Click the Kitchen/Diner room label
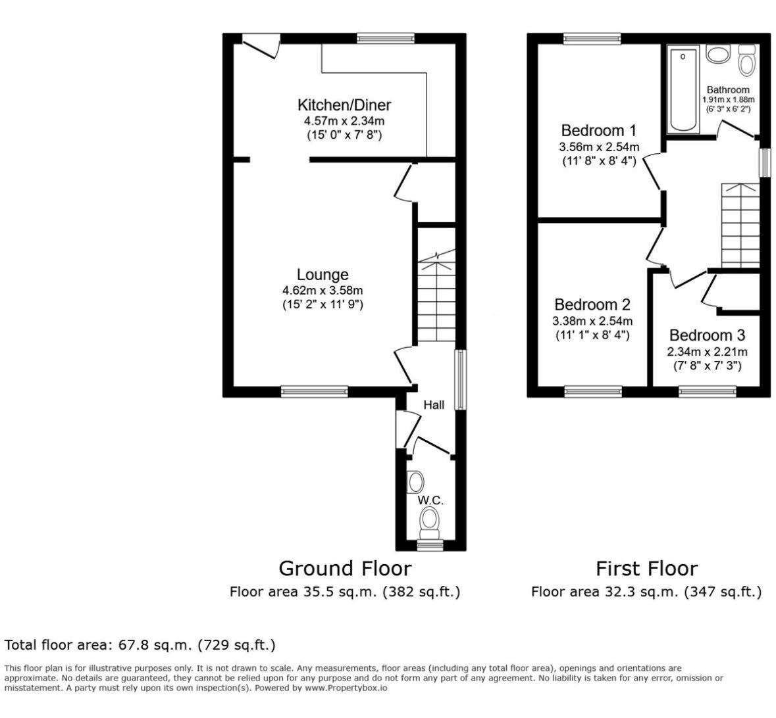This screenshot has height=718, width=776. click(x=344, y=105)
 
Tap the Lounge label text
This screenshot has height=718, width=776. click(x=323, y=274)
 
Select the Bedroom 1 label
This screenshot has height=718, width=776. click(x=598, y=131)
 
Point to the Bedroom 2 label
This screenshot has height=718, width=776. click(x=592, y=304)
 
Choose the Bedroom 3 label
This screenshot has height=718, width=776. click(x=707, y=335)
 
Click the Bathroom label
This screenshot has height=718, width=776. click(x=728, y=90)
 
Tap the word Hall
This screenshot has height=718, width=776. click(x=434, y=405)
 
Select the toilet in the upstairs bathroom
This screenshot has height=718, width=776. click(x=746, y=59)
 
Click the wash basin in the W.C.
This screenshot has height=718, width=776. click(x=415, y=482)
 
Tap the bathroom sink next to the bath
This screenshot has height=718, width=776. click(x=718, y=53)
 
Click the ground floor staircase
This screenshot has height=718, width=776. click(x=436, y=295)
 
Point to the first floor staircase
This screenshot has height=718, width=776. click(x=740, y=226)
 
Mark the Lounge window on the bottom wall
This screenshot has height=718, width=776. click(x=314, y=392)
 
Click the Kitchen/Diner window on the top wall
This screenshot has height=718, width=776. click(x=386, y=39)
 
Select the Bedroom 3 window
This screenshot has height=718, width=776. click(x=707, y=392)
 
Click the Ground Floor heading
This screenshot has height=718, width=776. click(x=345, y=569)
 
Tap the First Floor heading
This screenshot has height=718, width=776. click(x=647, y=569)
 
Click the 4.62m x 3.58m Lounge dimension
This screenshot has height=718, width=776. click(x=323, y=291)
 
